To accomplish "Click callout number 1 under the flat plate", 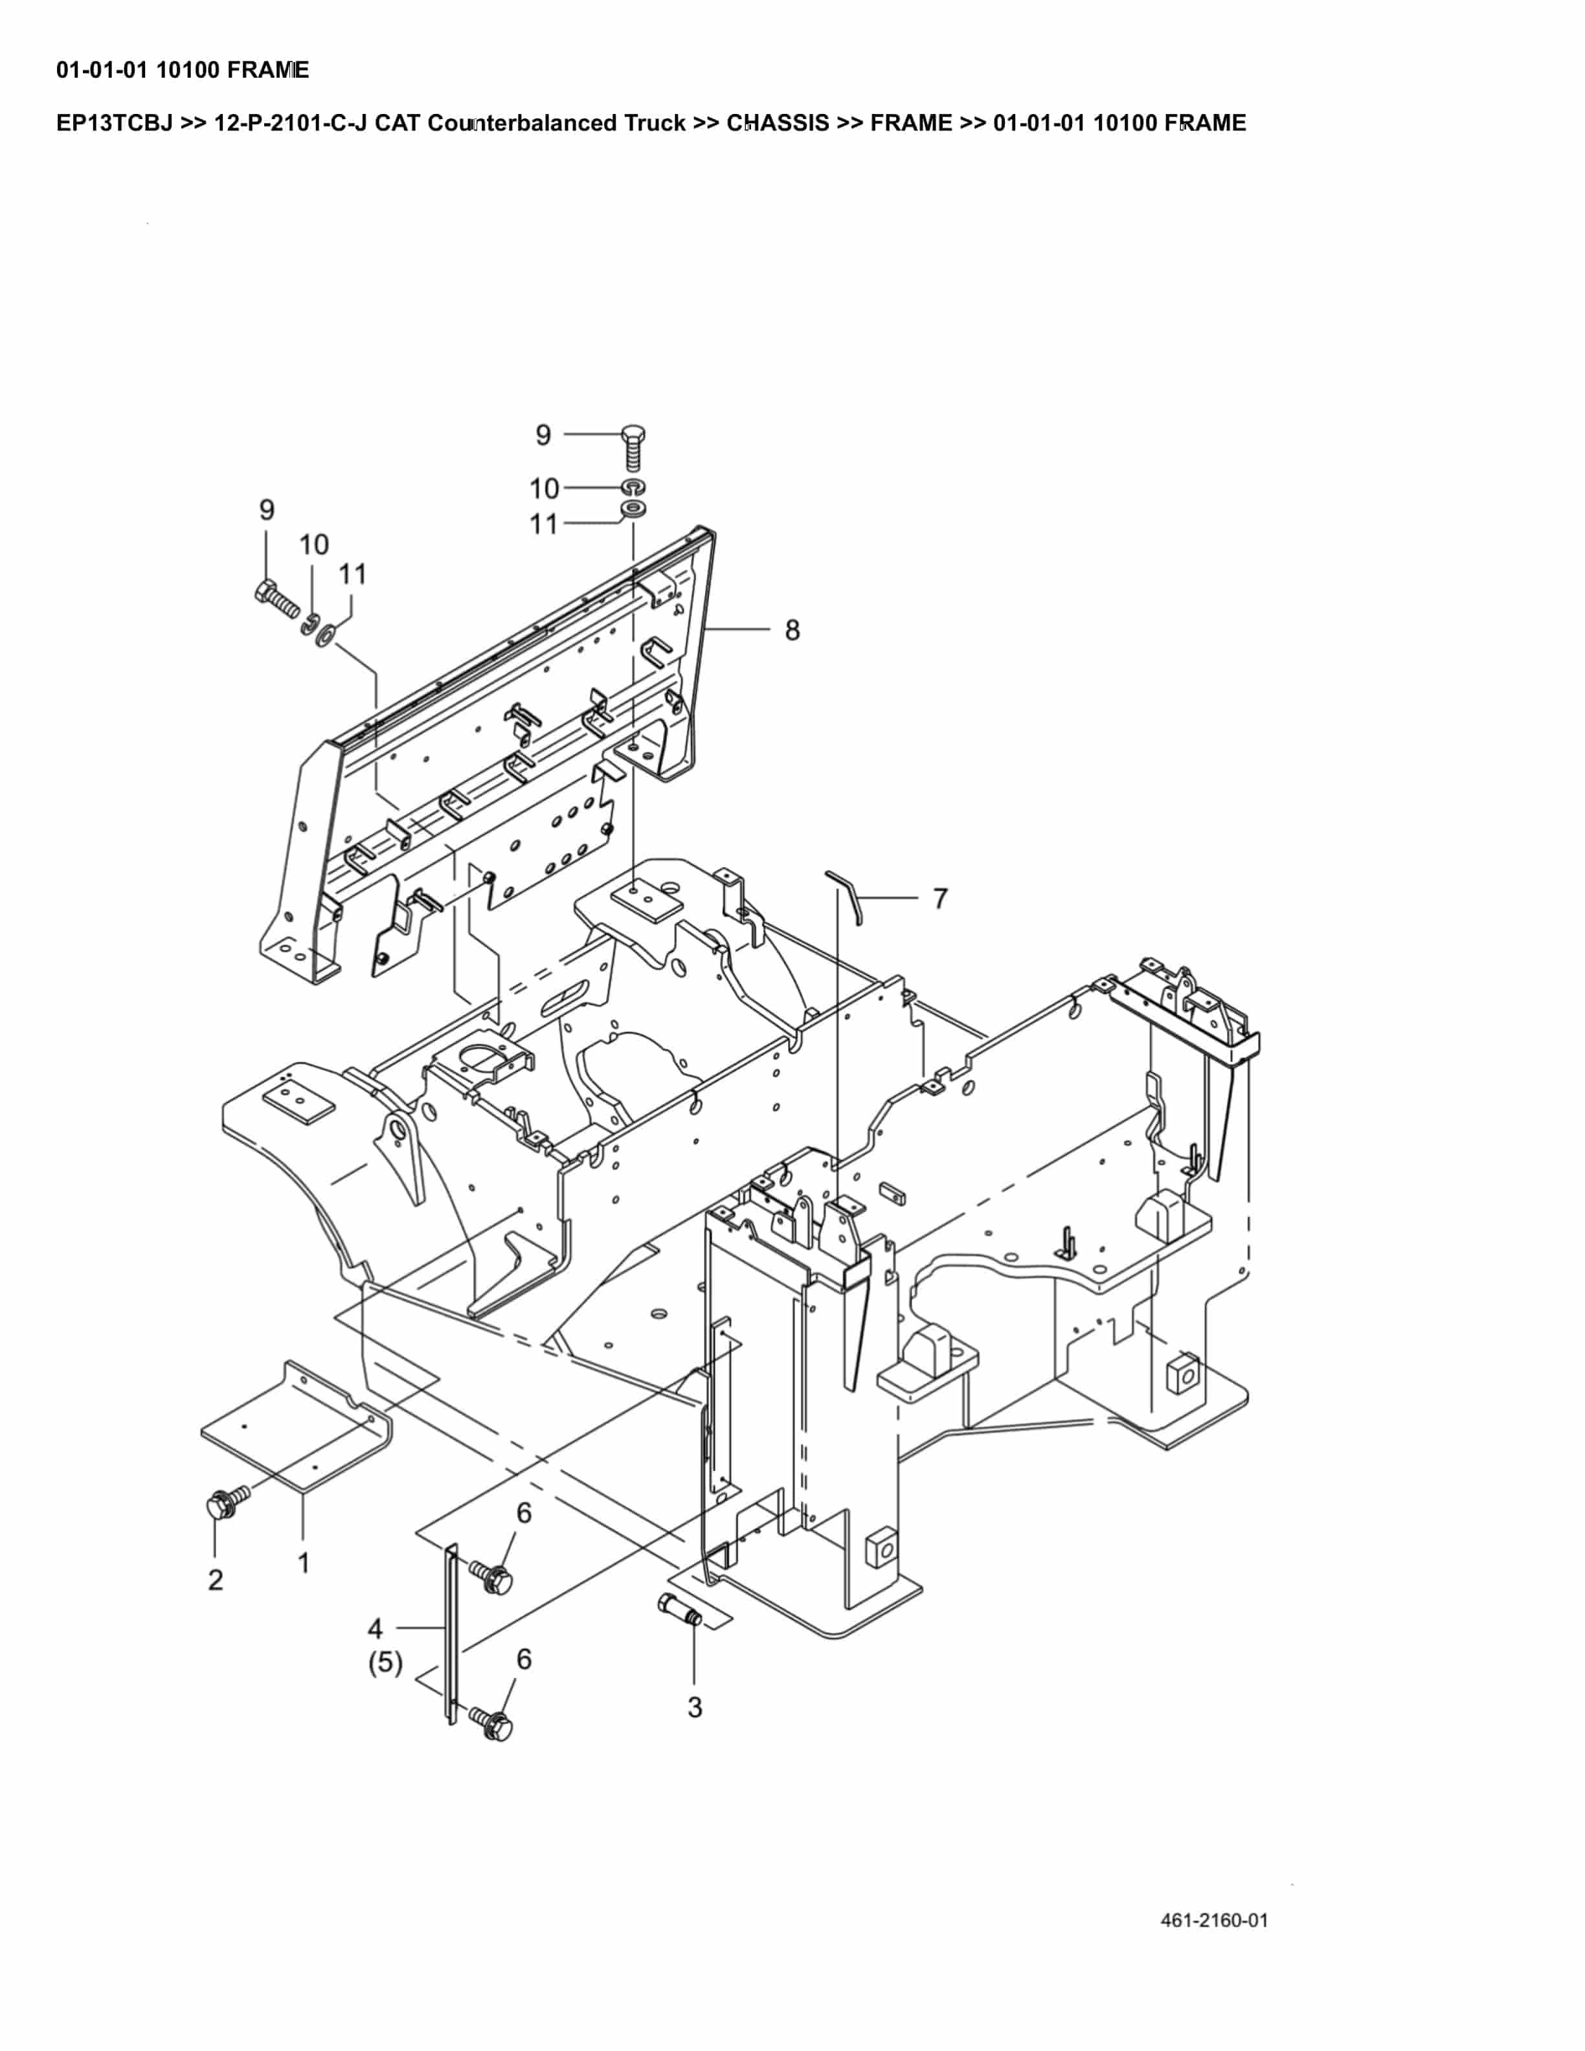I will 303,1563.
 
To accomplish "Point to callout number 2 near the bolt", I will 215,1580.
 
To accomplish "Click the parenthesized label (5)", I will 385,1663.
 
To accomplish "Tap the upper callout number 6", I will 524,1513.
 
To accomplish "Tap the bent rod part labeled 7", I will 849,894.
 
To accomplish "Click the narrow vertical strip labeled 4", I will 451,1634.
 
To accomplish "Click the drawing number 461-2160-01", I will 1213,1920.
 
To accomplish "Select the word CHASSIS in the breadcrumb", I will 778,123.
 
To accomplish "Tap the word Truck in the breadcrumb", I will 655,123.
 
